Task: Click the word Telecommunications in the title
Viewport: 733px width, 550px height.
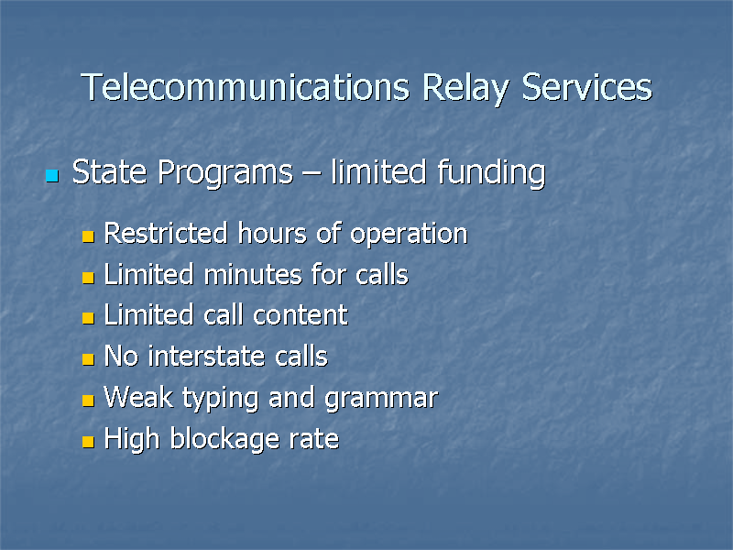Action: click(x=246, y=88)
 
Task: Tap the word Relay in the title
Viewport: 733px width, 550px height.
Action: click(x=466, y=88)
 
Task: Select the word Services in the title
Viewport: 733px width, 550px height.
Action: click(x=586, y=88)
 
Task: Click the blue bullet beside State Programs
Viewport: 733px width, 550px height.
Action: click(x=51, y=174)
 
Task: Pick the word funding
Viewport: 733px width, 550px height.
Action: click(x=490, y=172)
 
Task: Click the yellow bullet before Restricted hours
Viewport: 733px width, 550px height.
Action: click(x=87, y=236)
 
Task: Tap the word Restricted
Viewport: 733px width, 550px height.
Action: click(x=165, y=234)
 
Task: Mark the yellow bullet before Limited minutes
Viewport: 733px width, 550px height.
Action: click(x=87, y=278)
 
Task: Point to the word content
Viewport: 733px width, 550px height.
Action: click(x=300, y=315)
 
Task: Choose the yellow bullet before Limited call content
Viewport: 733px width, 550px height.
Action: click(x=87, y=319)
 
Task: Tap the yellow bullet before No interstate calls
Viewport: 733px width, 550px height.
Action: click(x=87, y=360)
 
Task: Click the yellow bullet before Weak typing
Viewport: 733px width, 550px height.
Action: click(x=87, y=401)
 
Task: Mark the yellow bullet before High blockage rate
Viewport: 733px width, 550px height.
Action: click(x=87, y=443)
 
